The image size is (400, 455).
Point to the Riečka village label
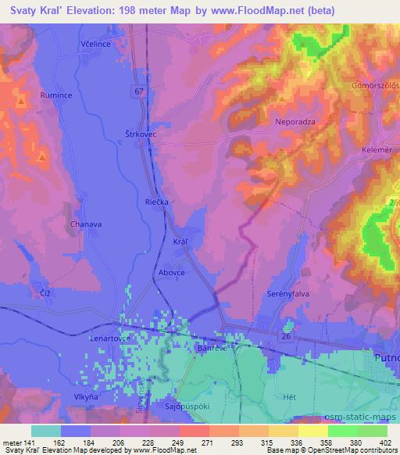(x=156, y=201)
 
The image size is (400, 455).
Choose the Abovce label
(x=170, y=273)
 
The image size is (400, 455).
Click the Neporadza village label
(x=294, y=122)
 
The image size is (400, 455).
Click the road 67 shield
(x=139, y=91)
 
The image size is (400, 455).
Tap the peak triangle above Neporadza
(x=282, y=99)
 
